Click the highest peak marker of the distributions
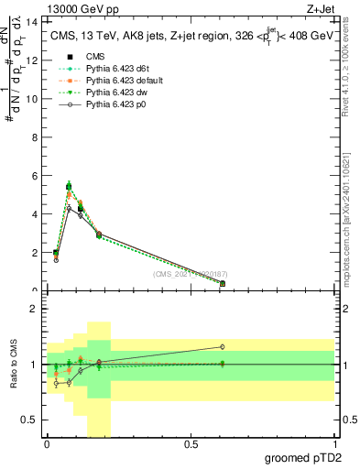pyautogui.click(x=69, y=186)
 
